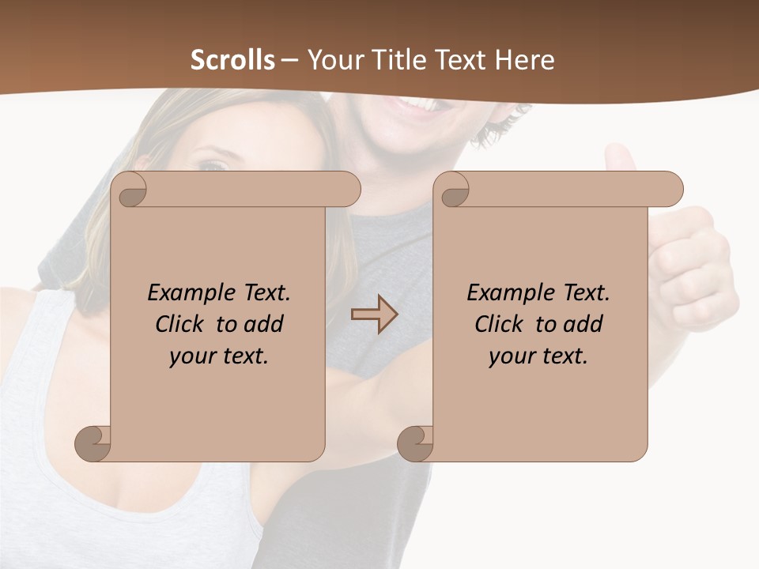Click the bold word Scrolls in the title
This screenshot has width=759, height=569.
[233, 60]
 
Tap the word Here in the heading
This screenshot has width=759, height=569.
[523, 60]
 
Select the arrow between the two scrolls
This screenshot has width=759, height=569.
[374, 315]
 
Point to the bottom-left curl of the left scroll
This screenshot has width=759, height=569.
[93, 443]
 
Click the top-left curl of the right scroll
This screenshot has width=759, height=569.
[455, 190]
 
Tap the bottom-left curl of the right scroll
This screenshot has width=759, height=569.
[414, 443]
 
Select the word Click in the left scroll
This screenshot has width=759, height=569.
[173, 324]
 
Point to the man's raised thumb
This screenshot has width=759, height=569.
[621, 158]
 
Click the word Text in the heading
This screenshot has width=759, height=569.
[459, 60]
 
